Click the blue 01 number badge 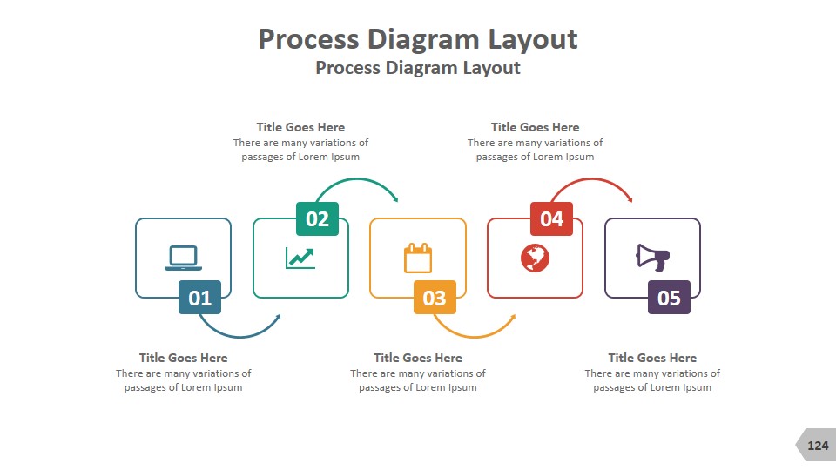pyautogui.click(x=199, y=298)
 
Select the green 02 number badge pyautogui.click(x=317, y=218)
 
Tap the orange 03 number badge pyautogui.click(x=435, y=298)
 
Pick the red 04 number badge pyautogui.click(x=551, y=218)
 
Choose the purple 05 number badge pyautogui.click(x=669, y=298)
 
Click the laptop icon pyautogui.click(x=184, y=258)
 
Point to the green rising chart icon pyautogui.click(x=300, y=258)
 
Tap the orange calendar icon pyautogui.click(x=418, y=258)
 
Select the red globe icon pyautogui.click(x=535, y=258)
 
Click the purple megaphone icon pyautogui.click(x=652, y=257)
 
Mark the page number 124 pyautogui.click(x=818, y=446)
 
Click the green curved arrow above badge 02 pyautogui.click(x=358, y=181)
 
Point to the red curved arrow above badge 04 pyautogui.click(x=592, y=181)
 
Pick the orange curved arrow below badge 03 pyautogui.click(x=475, y=333)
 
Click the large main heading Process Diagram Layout pyautogui.click(x=418, y=39)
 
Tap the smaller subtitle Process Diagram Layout pyautogui.click(x=418, y=68)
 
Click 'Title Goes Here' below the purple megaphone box pyautogui.click(x=652, y=358)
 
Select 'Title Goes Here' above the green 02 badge pyautogui.click(x=300, y=127)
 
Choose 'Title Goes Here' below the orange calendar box pyautogui.click(x=418, y=358)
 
